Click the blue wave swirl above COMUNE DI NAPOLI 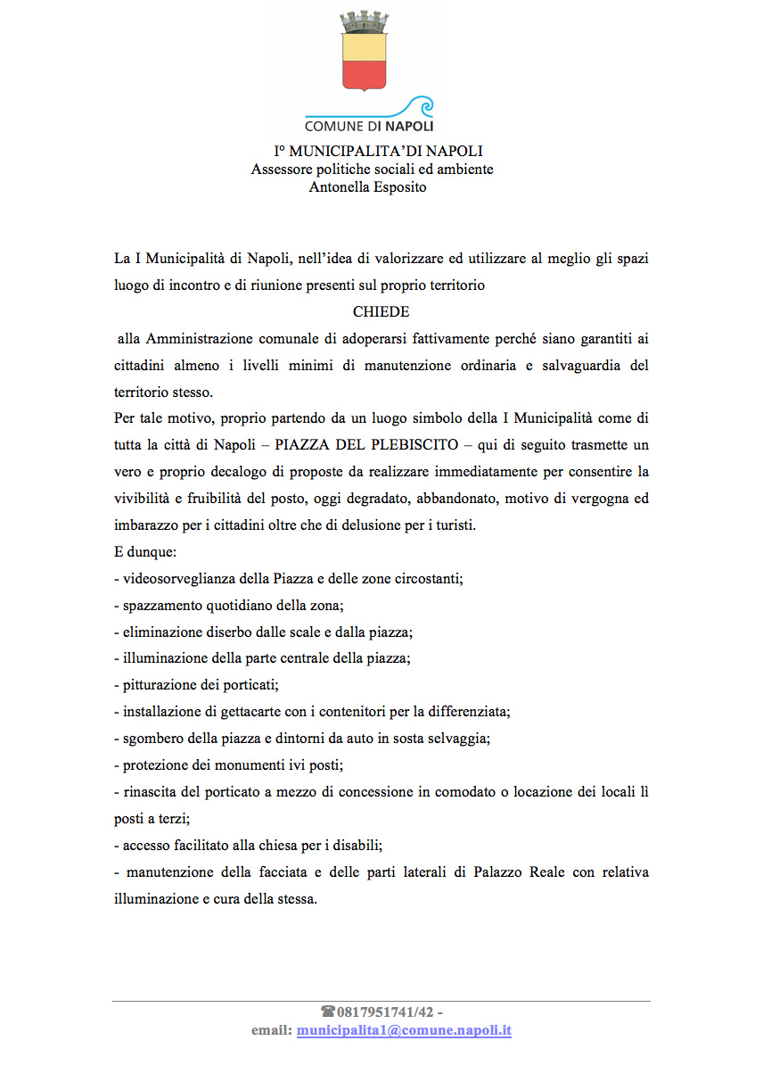click(x=419, y=105)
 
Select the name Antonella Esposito click(x=367, y=187)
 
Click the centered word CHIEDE click(x=381, y=312)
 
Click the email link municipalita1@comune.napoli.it click(x=404, y=1030)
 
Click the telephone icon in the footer click(x=327, y=1012)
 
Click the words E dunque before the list click(x=146, y=552)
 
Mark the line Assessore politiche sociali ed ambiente click(x=373, y=169)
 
